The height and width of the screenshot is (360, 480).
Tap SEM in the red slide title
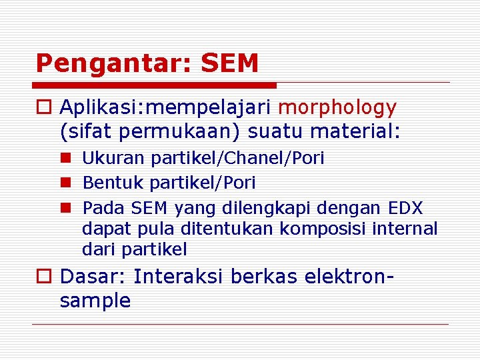(x=229, y=63)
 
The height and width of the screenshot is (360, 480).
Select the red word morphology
(x=337, y=107)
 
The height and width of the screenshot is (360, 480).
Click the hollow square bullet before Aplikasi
(x=43, y=108)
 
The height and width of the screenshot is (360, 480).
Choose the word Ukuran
(x=114, y=159)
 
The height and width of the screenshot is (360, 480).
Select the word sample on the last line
(x=95, y=301)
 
